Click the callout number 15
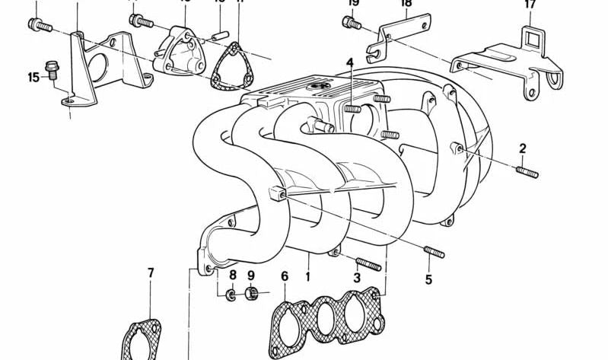click(x=33, y=77)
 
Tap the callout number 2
click(x=523, y=148)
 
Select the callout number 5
click(x=428, y=279)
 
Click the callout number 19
click(x=352, y=3)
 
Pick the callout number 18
click(x=406, y=3)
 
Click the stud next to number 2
click(x=527, y=172)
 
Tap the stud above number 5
click(x=435, y=251)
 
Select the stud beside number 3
click(x=368, y=264)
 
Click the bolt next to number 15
click(x=53, y=69)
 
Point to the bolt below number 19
click(x=352, y=24)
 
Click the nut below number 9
click(x=253, y=293)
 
